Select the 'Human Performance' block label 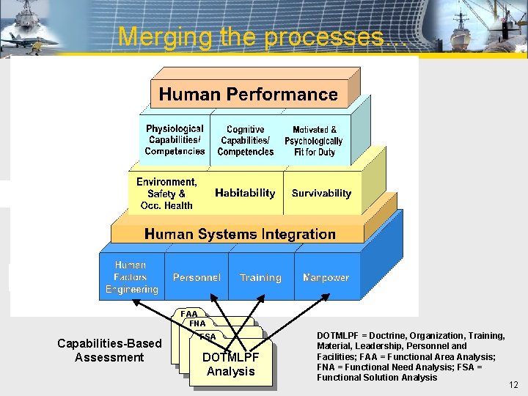248,95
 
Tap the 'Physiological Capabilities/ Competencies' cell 175,139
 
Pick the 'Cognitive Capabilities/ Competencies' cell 246,140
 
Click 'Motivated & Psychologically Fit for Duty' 313,140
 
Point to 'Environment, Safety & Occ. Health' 166,194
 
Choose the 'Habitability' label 245,194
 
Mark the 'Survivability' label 321,194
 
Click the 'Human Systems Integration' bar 240,235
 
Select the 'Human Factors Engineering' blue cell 131,277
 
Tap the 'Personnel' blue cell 197,278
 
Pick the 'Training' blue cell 260,278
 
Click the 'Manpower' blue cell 326,278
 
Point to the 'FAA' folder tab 189,314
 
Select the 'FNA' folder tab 197,323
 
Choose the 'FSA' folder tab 208,337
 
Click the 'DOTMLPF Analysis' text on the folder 230,364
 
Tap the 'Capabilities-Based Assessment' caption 109,351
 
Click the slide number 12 513,385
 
